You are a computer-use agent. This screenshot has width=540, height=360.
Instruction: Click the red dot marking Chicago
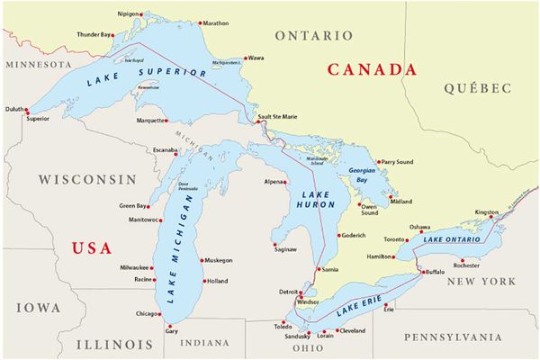163,314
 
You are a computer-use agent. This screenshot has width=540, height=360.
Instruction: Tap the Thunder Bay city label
94,34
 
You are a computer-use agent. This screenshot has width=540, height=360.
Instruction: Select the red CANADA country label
372,69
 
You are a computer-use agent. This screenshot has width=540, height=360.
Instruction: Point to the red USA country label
91,247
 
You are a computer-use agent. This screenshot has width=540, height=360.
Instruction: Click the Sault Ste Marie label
278,116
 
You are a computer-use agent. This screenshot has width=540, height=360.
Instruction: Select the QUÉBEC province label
477,88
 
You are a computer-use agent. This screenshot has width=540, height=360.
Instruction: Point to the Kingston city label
486,212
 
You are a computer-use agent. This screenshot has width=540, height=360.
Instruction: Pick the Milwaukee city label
135,267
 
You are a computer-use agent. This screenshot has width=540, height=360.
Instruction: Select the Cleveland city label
353,330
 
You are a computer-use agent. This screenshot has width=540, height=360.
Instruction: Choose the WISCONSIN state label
86,179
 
